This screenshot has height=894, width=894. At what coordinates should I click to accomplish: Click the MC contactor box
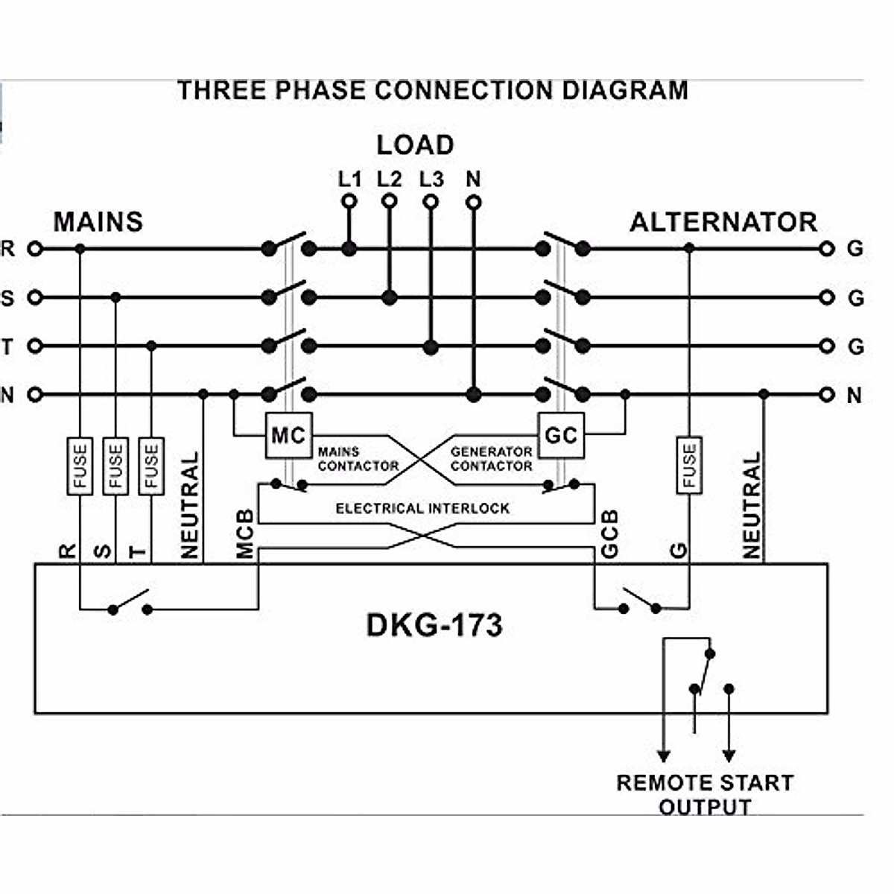pyautogui.click(x=288, y=435)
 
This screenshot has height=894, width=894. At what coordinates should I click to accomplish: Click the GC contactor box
pyautogui.click(x=561, y=435)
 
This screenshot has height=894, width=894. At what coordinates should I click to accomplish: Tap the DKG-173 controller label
pyautogui.click(x=434, y=625)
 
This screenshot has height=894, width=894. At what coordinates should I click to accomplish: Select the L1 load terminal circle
pyautogui.click(x=349, y=201)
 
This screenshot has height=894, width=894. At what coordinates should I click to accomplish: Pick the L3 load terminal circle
pyautogui.click(x=431, y=201)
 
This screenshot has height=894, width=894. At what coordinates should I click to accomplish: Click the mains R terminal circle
pyautogui.click(x=34, y=249)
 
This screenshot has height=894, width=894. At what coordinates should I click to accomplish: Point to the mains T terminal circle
pyautogui.click(x=34, y=346)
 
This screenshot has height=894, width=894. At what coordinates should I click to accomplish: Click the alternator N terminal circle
pyautogui.click(x=826, y=395)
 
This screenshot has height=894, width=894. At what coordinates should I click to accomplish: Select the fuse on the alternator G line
pyautogui.click(x=689, y=466)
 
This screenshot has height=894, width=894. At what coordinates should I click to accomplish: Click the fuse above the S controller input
pyautogui.click(x=115, y=466)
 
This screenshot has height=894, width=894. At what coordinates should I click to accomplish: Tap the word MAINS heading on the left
pyautogui.click(x=98, y=222)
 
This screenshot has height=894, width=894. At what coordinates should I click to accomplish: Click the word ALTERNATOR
pyautogui.click(x=723, y=222)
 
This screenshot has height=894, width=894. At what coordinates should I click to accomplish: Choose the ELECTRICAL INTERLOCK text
pyautogui.click(x=422, y=509)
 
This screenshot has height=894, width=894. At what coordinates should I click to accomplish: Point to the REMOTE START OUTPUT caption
pyautogui.click(x=704, y=794)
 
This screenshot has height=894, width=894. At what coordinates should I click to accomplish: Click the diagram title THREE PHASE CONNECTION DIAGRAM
pyautogui.click(x=433, y=90)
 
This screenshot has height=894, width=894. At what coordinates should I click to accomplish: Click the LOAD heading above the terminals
pyautogui.click(x=415, y=145)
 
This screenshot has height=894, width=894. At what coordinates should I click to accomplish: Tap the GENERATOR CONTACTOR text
pyautogui.click(x=491, y=459)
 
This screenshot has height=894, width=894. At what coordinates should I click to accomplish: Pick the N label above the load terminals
pyautogui.click(x=473, y=180)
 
